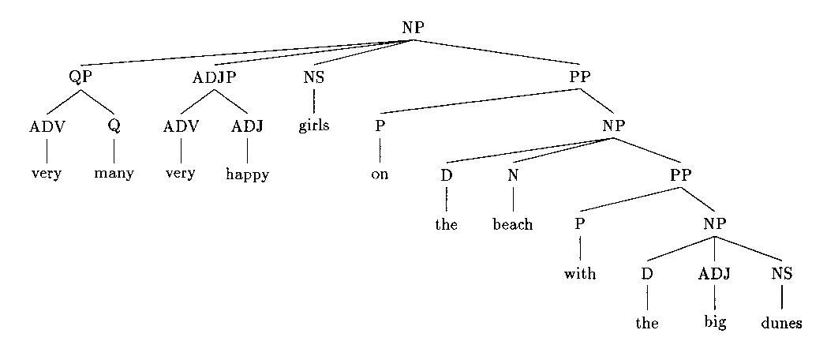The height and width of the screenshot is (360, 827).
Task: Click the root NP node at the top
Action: (413, 27)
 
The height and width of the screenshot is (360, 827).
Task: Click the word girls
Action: (313, 126)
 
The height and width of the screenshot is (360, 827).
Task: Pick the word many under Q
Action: (114, 174)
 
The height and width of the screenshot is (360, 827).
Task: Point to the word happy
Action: (247, 174)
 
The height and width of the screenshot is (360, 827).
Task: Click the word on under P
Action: (380, 174)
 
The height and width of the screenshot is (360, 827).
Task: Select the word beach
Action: (513, 224)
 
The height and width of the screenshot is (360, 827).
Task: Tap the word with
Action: (579, 274)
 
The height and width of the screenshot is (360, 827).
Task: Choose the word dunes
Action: (781, 324)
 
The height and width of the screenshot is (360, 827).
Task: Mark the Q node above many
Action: (114, 126)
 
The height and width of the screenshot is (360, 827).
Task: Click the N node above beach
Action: (513, 175)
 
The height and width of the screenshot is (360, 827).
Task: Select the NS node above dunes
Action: (781, 274)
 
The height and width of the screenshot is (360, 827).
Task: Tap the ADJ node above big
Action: (714, 274)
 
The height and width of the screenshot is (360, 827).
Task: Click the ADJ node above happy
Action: (247, 126)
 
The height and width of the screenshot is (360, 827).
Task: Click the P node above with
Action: (579, 224)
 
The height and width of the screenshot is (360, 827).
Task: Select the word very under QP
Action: (47, 174)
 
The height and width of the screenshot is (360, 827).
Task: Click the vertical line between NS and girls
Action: (313, 101)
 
